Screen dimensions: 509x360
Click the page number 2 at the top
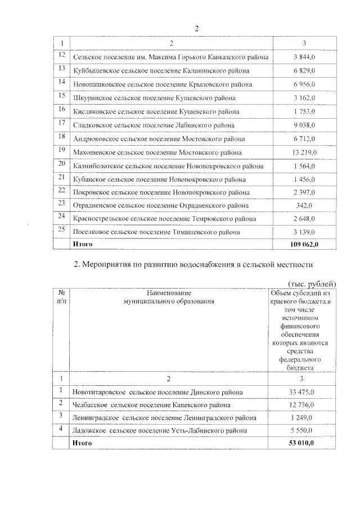click(197, 29)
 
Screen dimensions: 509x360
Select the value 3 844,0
click(304, 57)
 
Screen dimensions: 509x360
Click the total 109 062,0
click(304, 244)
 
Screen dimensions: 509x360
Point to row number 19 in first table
click(61, 150)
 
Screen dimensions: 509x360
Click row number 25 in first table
click(61, 229)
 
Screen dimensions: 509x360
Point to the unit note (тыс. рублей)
click(312, 283)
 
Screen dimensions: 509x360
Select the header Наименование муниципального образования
click(169, 297)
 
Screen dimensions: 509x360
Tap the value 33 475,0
click(304, 391)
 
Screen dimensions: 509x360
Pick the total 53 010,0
click(304, 444)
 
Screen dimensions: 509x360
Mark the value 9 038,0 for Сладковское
click(304, 125)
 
